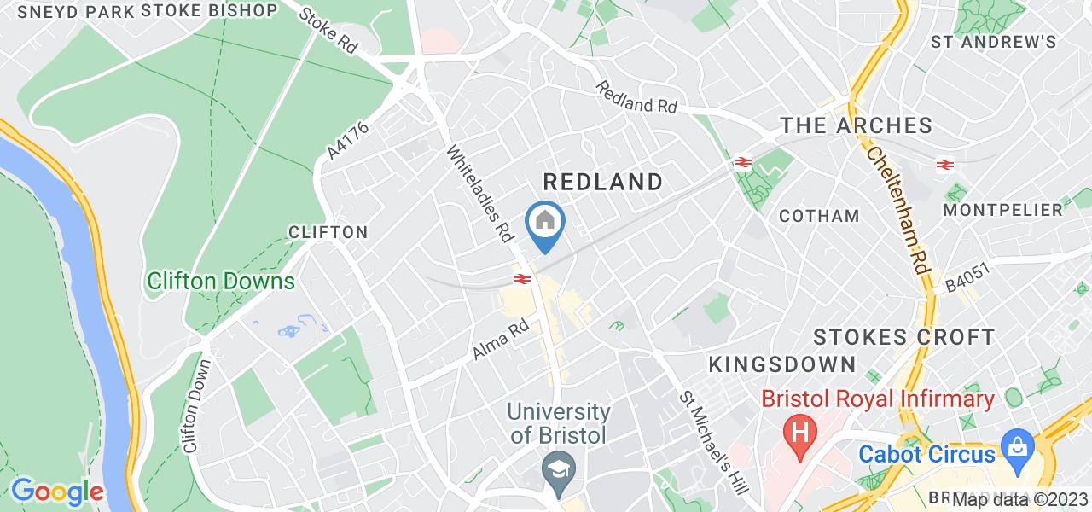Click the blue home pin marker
click(x=545, y=224)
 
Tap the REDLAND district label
click(x=603, y=182)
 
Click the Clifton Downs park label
click(x=220, y=281)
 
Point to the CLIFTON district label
click(x=328, y=232)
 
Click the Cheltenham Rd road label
click(x=897, y=207)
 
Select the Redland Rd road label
click(x=636, y=98)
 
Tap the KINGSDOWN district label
click(x=782, y=365)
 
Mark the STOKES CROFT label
click(x=903, y=336)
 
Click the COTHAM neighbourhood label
click(x=819, y=216)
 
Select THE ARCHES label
click(x=857, y=126)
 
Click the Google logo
click(x=56, y=492)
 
